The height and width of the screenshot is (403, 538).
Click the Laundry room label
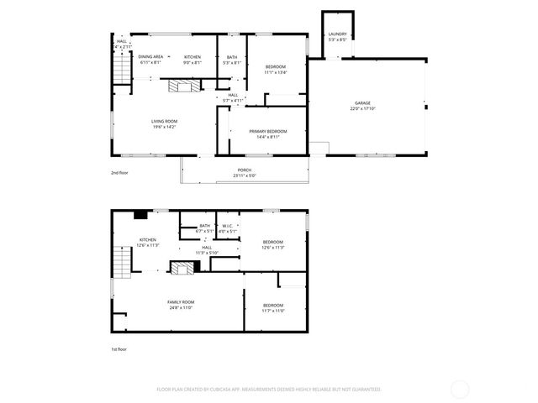click(x=337, y=34)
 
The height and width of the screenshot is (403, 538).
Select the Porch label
click(x=245, y=170)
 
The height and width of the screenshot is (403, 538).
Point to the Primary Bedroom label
click(x=267, y=131)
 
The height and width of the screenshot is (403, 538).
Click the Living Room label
click(x=164, y=121)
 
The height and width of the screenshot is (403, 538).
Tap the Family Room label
click(x=181, y=302)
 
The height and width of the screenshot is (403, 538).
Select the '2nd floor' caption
click(x=120, y=172)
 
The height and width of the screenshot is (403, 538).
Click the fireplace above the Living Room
click(x=184, y=85)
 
